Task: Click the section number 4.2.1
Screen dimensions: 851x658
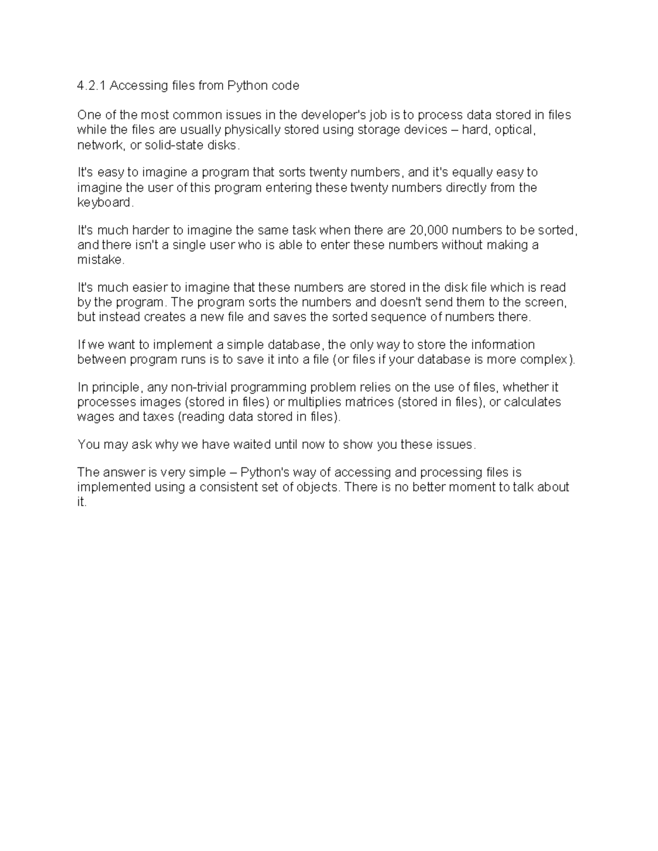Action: (92, 85)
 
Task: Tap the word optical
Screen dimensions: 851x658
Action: (513, 130)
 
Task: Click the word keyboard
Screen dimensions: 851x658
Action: (105, 203)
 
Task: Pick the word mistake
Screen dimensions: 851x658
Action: (101, 260)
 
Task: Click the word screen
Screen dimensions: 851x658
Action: (546, 302)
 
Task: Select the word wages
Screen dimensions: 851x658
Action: (94, 417)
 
